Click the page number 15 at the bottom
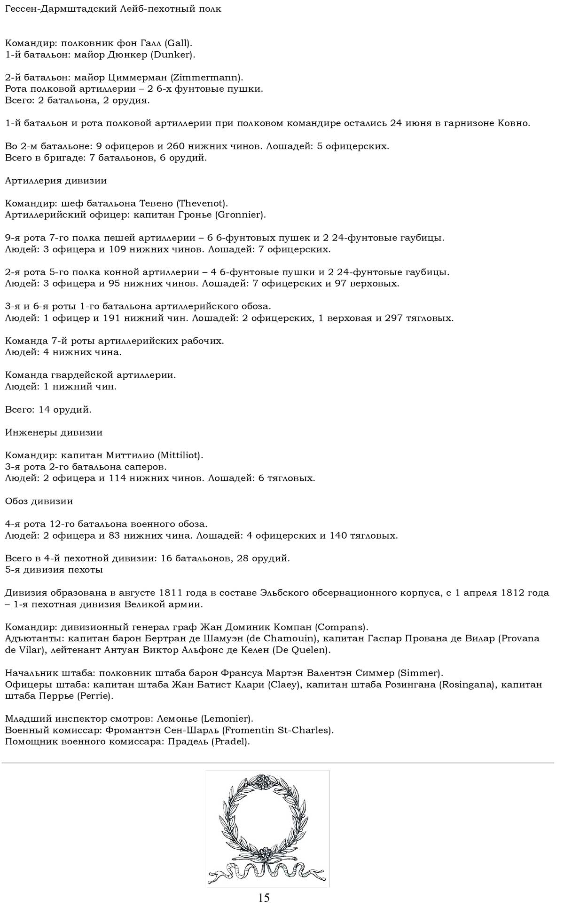tap(264, 897)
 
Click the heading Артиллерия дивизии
tap(56, 181)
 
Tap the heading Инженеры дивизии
tap(54, 432)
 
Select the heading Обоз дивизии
tap(39, 501)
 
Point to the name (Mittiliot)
tap(180, 455)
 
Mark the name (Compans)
tap(341, 627)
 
